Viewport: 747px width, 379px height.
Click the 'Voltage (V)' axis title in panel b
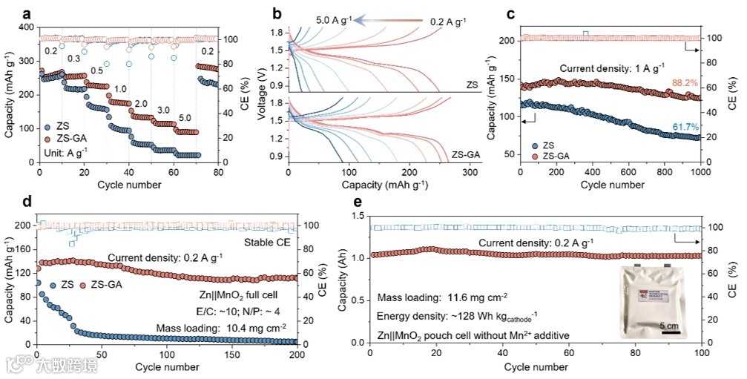262,96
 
